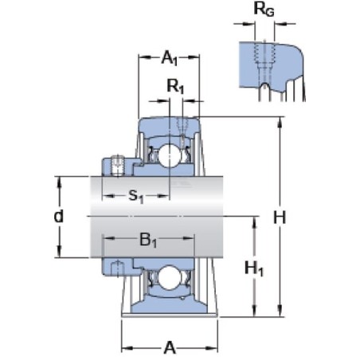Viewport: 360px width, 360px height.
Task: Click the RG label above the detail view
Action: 264,10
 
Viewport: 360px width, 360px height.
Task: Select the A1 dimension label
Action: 170,57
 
